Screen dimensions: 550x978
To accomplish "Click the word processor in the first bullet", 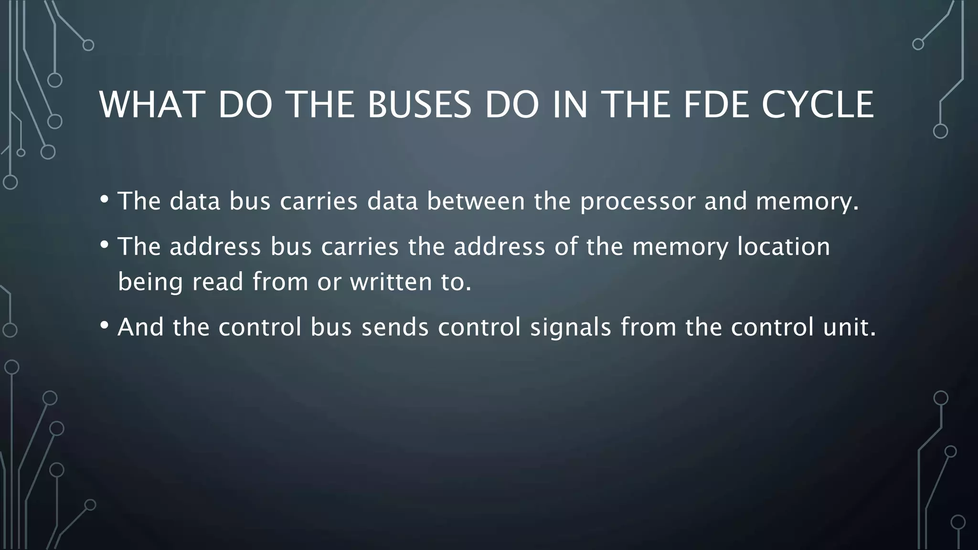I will [638, 201].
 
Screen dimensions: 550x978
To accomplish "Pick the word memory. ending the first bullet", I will [808, 201].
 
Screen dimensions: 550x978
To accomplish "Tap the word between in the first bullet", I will [476, 201].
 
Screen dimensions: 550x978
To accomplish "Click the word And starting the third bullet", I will [140, 328].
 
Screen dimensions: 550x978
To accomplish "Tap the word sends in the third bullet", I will [395, 328].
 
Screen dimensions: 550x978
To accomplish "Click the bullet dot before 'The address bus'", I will [105, 244].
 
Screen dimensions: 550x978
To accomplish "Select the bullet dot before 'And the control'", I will [105, 325].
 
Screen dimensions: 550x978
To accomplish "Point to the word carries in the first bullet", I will [319, 201].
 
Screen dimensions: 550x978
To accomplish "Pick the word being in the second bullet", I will [150, 282].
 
